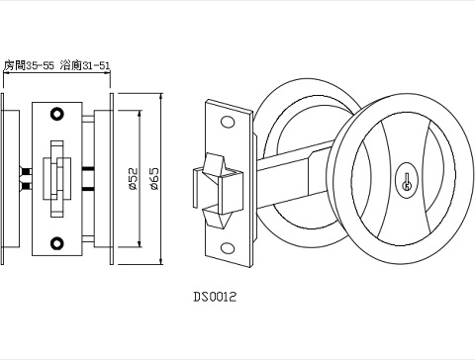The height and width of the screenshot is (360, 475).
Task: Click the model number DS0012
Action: (215, 295)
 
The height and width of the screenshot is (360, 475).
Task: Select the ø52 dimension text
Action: (132, 178)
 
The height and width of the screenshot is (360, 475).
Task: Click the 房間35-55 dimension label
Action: (30, 65)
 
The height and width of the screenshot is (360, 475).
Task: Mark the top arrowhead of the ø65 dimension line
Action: (161, 97)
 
